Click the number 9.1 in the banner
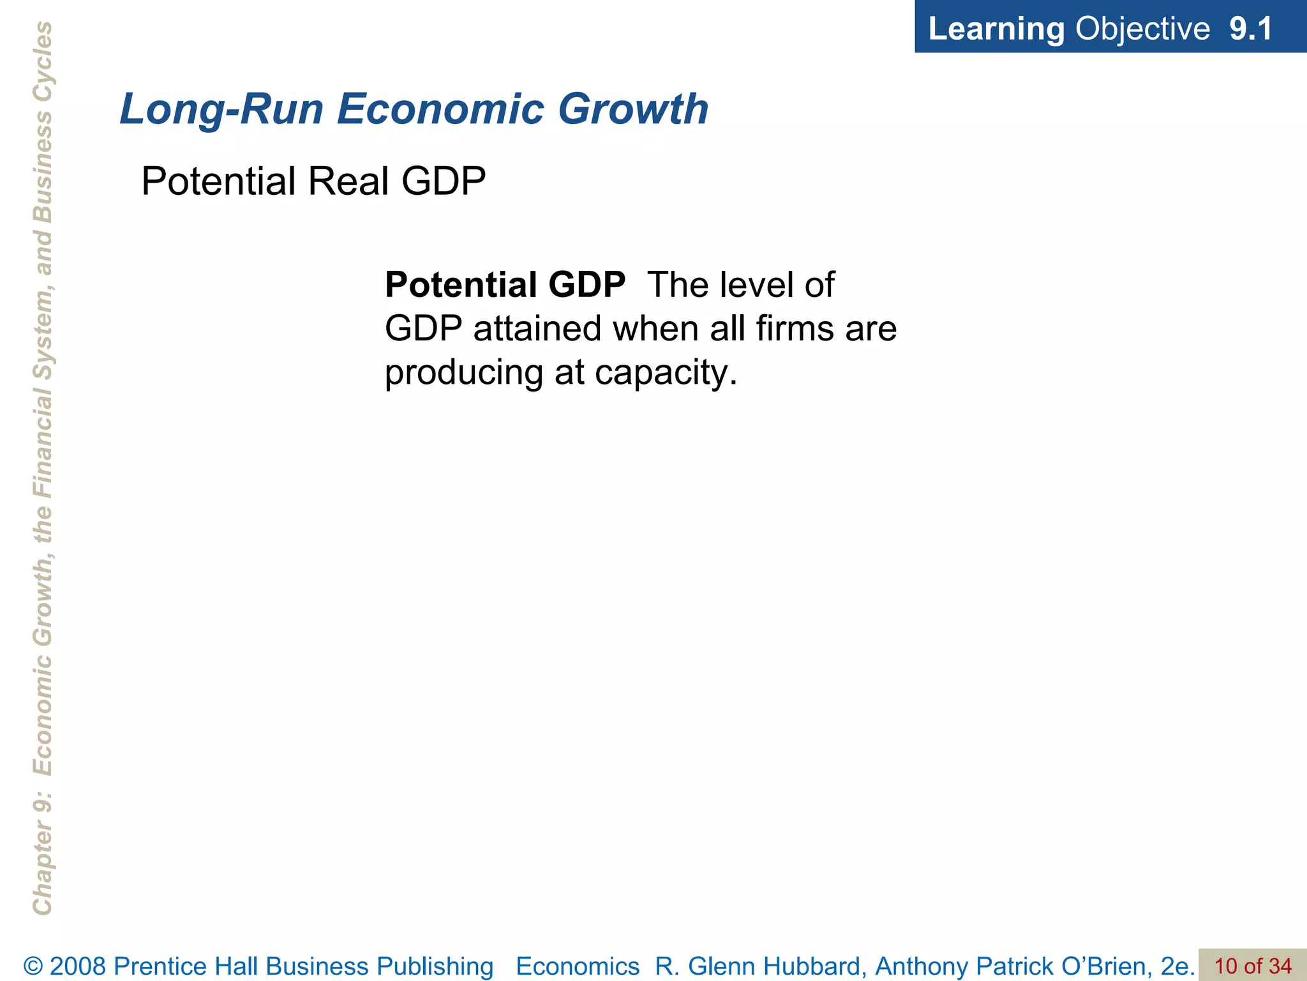click(1251, 29)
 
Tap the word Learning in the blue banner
click(996, 29)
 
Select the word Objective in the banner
click(1142, 29)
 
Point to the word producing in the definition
click(463, 374)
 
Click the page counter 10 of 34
click(1253, 966)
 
